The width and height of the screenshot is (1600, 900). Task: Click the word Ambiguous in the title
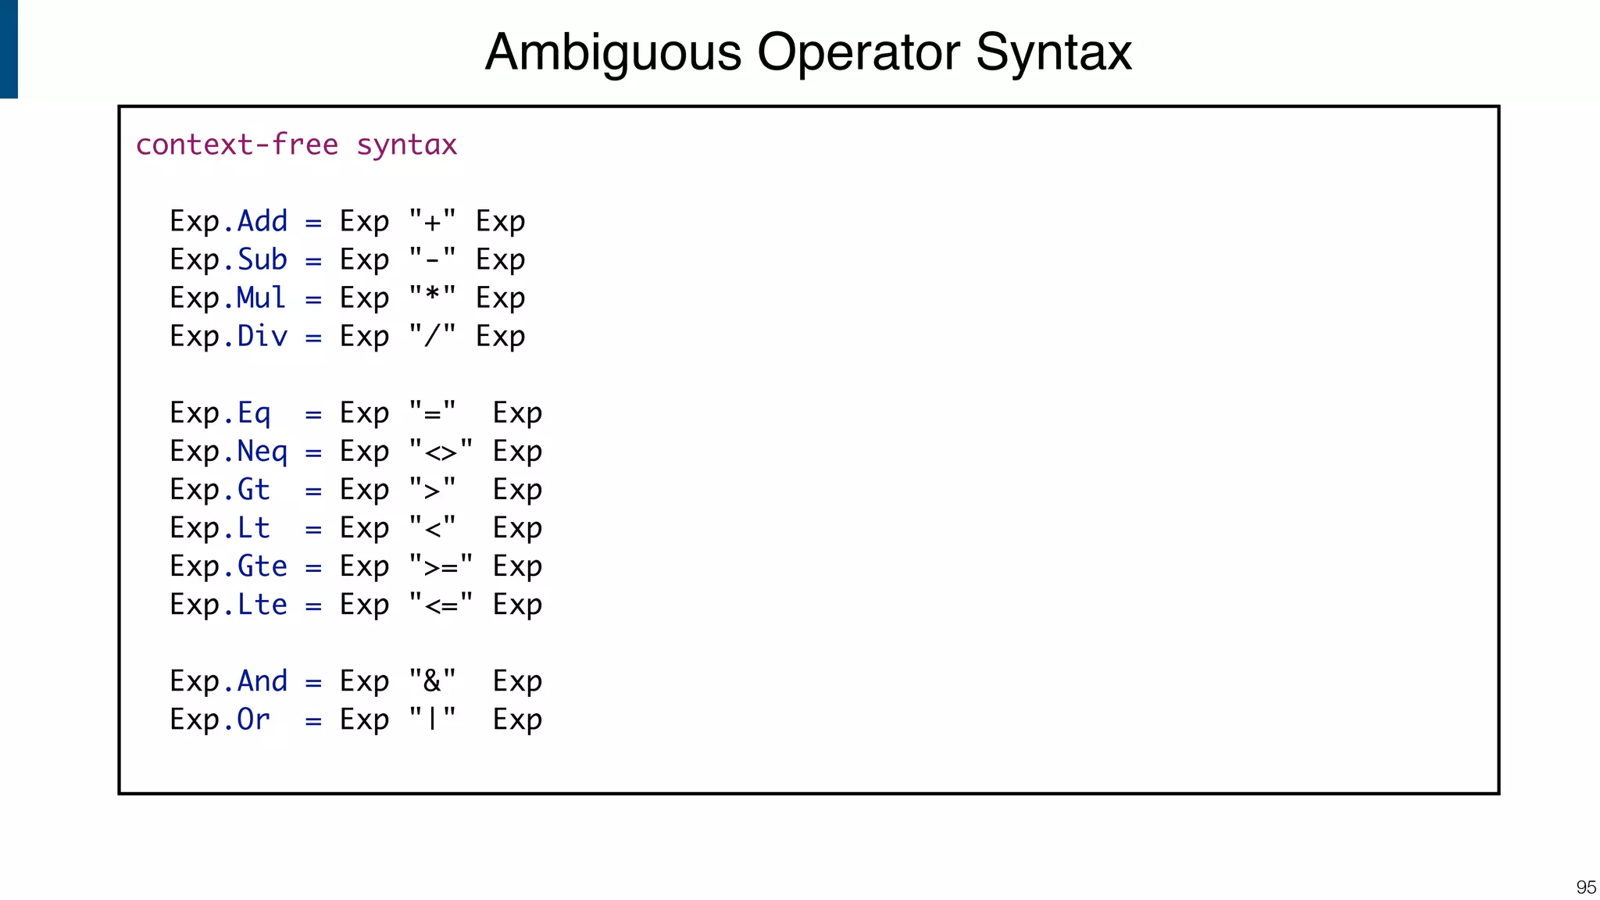point(613,53)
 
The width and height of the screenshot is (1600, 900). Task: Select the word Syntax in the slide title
point(1054,53)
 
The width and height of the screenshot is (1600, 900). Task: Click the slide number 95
point(1586,887)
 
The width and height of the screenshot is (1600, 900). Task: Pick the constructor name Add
point(262,221)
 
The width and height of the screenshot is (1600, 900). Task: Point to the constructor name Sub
point(262,259)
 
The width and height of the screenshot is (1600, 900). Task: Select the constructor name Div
point(262,336)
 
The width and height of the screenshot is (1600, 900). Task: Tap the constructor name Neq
point(262,451)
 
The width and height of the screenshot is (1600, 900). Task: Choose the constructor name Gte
point(262,566)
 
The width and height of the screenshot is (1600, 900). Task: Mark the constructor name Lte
point(262,604)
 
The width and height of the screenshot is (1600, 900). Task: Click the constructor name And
point(262,680)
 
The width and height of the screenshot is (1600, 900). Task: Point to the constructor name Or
point(254,719)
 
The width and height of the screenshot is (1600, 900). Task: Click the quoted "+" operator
point(433,221)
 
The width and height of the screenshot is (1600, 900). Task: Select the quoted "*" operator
point(433,298)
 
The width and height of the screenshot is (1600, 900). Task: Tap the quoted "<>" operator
point(441,451)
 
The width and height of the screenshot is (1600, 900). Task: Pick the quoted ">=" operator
point(441,566)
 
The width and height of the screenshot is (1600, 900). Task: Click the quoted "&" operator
point(433,680)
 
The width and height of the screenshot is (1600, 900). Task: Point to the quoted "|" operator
point(433,719)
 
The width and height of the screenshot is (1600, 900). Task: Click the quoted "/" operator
point(433,336)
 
